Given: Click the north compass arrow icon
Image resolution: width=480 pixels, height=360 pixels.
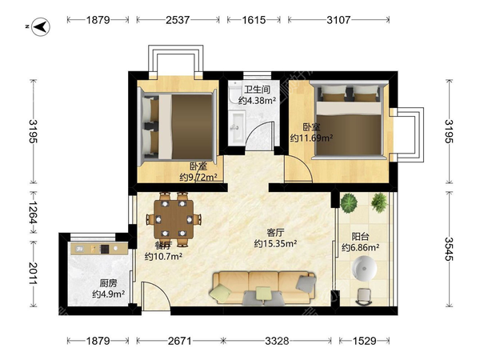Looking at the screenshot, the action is [x=41, y=27].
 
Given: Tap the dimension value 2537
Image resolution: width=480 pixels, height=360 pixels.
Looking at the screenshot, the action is [x=178, y=20].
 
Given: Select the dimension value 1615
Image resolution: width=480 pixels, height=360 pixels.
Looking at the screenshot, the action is [x=254, y=20].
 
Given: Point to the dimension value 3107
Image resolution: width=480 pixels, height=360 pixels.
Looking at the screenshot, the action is [x=338, y=20].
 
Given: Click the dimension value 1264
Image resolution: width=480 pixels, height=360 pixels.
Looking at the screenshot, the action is [x=33, y=212].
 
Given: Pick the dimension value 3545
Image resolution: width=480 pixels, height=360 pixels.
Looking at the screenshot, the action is [x=449, y=249].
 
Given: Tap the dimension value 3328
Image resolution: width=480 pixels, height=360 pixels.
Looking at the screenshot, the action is [x=277, y=341].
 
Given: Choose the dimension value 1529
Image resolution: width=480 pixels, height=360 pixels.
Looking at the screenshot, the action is [x=364, y=341].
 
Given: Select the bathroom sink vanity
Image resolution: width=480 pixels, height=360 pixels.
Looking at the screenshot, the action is [x=238, y=128].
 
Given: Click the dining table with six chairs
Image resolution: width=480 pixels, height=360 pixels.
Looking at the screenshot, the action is [x=174, y=219].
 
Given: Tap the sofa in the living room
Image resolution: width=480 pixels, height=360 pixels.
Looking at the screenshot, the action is [x=263, y=288].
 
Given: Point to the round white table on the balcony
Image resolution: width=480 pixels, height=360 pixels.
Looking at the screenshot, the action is [x=364, y=269].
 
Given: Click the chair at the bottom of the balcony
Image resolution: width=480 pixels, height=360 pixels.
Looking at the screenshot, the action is [x=364, y=297].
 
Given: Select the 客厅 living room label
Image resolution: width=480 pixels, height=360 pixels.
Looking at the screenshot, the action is [x=275, y=233].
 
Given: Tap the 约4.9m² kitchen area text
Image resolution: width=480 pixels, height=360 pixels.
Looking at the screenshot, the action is [x=108, y=294].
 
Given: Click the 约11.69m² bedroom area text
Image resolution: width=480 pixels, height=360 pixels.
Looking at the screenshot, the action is [x=311, y=138].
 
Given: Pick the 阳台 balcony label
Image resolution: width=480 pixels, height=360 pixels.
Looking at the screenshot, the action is [x=360, y=237].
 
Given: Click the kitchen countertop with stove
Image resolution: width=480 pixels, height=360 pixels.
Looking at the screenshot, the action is [x=99, y=248].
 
